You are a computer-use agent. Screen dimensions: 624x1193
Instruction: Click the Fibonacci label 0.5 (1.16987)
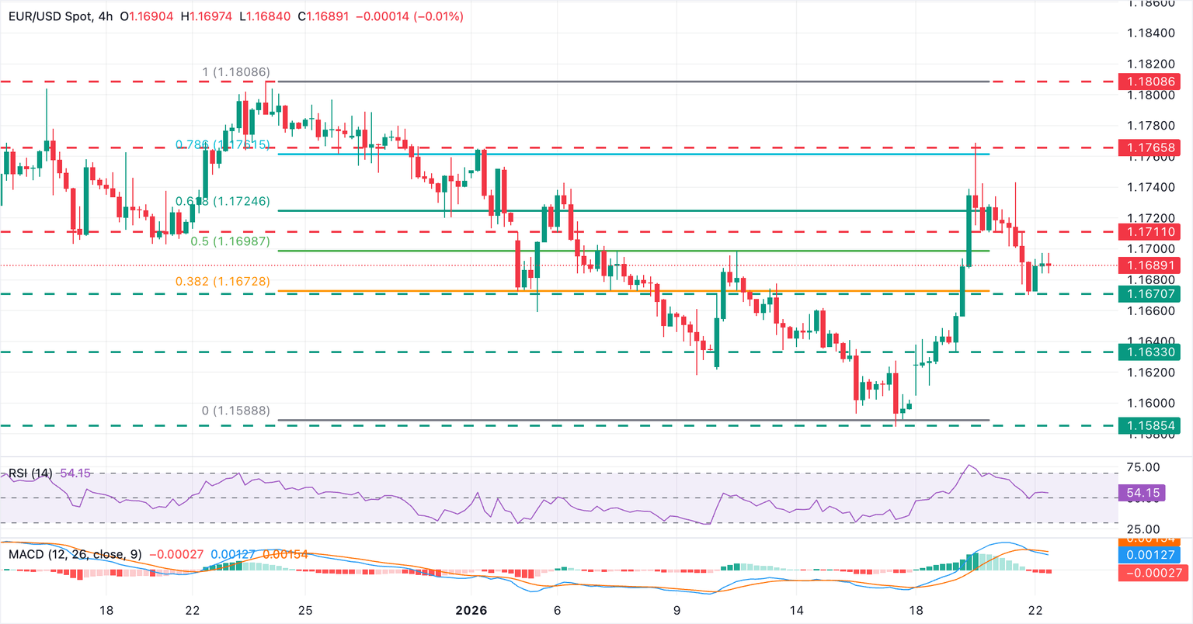[231, 241]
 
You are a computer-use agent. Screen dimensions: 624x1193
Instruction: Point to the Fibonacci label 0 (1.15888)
[236, 411]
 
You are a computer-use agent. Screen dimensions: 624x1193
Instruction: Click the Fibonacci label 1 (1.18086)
[236, 72]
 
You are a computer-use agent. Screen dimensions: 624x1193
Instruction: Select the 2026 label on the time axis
[471, 610]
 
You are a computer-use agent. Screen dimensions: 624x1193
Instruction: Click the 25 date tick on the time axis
[305, 610]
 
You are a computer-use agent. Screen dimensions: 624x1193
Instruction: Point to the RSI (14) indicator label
[30, 473]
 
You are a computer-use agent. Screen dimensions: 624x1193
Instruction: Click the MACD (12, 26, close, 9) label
[75, 554]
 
